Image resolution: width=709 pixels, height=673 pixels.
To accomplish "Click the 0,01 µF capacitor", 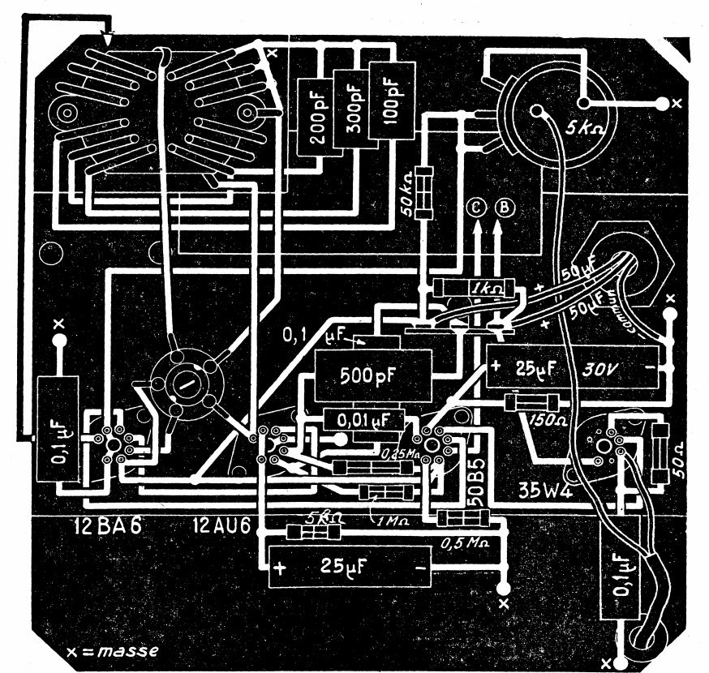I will pos(363,420).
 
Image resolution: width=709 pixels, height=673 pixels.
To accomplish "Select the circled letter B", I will pos(505,208).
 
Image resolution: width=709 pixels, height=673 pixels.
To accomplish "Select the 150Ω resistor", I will pos(532,402).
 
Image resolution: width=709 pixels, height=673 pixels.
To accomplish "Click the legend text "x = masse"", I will pos(114,650).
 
